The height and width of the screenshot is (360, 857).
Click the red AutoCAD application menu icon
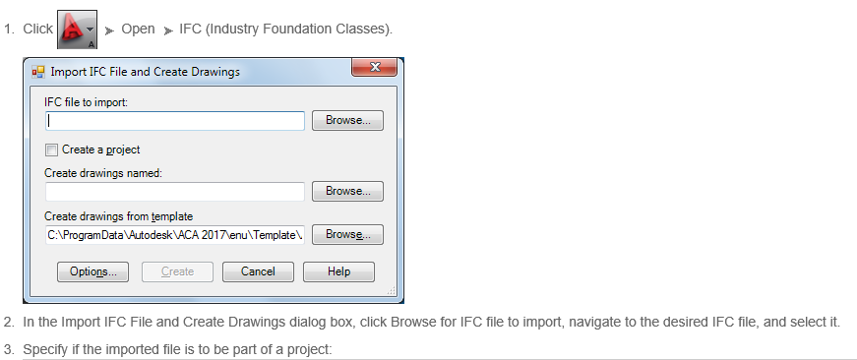click(x=72, y=28)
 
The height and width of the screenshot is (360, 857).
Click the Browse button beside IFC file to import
click(x=347, y=121)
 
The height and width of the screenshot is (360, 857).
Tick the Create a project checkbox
click(x=51, y=150)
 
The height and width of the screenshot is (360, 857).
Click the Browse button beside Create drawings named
click(x=347, y=191)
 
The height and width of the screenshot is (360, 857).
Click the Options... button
click(x=93, y=271)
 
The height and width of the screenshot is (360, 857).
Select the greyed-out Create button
click(x=177, y=271)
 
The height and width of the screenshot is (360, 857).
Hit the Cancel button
click(x=258, y=271)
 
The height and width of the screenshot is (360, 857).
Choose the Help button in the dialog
click(x=338, y=271)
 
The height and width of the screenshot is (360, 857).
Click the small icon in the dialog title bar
click(x=38, y=71)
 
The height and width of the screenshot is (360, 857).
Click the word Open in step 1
click(x=138, y=29)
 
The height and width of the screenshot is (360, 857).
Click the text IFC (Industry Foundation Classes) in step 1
click(x=285, y=29)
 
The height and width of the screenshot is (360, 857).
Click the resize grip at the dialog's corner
click(x=391, y=291)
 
